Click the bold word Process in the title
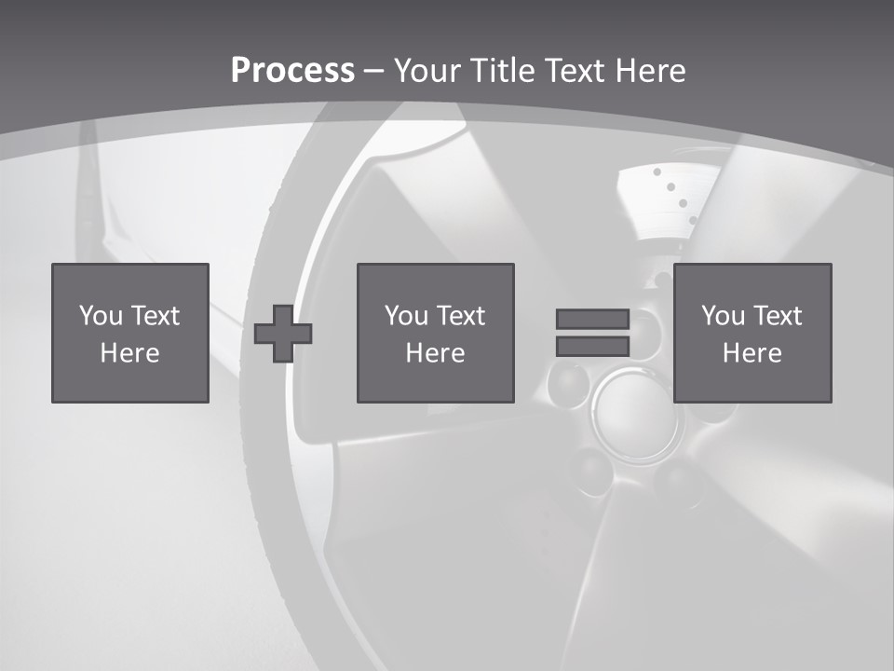pos(292,71)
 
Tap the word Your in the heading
pos(424,71)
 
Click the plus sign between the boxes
pos(283,334)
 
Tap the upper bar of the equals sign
pos(592,319)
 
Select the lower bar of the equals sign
pos(592,347)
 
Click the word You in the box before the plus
pos(101,316)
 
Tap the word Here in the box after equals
pos(752,353)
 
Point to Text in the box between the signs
pos(461,316)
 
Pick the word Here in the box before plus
pos(130,353)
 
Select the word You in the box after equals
pos(723,316)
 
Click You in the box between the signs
pos(406,316)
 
